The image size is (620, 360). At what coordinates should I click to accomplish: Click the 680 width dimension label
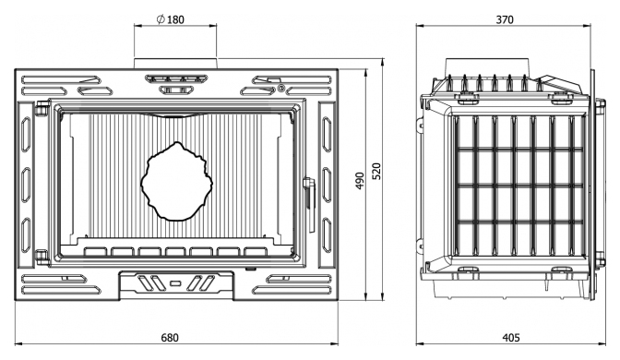pyautogui.click(x=170, y=338)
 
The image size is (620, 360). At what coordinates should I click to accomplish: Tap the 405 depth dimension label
pyautogui.click(x=511, y=338)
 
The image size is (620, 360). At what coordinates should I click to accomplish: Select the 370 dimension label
pyautogui.click(x=505, y=19)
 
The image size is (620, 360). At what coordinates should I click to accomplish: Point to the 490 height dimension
pyautogui.click(x=360, y=181)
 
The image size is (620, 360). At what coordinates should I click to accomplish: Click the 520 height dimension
pyautogui.click(x=376, y=172)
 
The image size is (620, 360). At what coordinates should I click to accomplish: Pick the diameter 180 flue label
pyautogui.click(x=171, y=19)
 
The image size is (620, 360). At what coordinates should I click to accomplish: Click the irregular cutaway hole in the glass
pyautogui.click(x=177, y=182)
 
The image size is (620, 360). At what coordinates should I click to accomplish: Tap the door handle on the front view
pyautogui.click(x=309, y=204)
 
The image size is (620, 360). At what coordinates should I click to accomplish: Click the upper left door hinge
pyautogui.click(x=42, y=108)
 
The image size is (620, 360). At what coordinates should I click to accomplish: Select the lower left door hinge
pyautogui.click(x=42, y=258)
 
